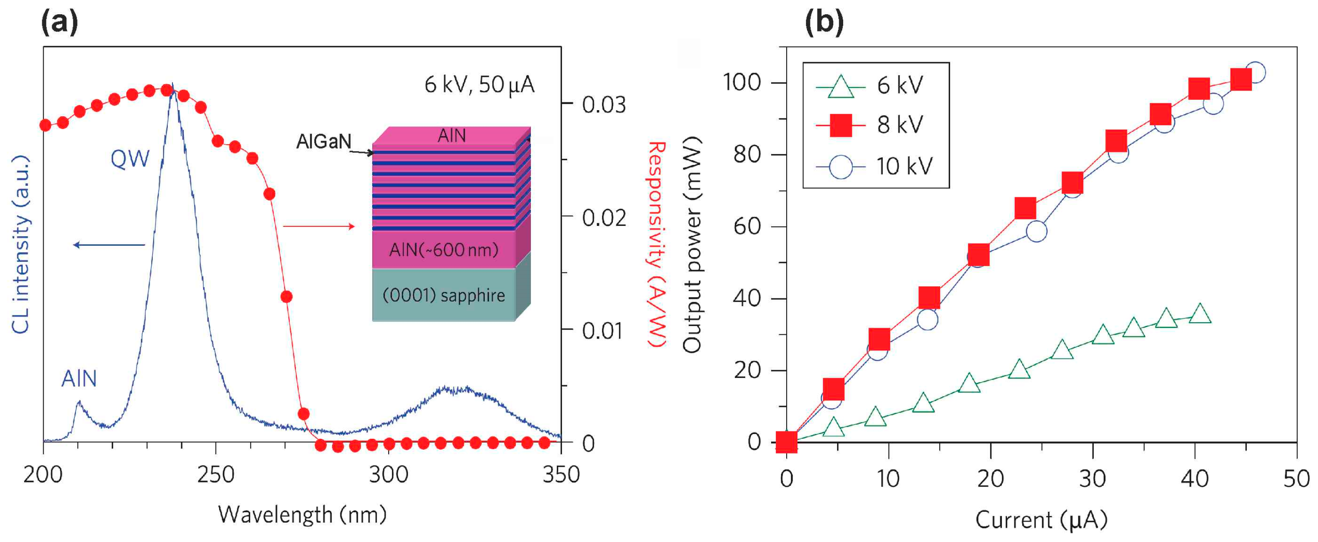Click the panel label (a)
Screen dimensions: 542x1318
(x=60, y=22)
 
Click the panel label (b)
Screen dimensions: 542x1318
(x=824, y=22)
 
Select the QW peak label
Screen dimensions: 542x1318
(x=130, y=159)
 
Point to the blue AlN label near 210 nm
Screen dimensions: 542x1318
(x=79, y=379)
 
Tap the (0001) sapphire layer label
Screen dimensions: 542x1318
(x=444, y=295)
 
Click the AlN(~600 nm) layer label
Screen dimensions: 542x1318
(x=444, y=250)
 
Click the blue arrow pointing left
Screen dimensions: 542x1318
(x=109, y=245)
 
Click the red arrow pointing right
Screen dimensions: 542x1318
(x=319, y=226)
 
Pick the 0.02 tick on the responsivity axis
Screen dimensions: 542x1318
(x=604, y=218)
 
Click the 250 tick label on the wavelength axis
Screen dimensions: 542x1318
(x=215, y=475)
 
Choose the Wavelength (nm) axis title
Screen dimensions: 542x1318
(x=302, y=515)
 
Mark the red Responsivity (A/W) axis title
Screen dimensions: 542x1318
(x=657, y=245)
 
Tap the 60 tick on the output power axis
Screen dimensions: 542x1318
(x=747, y=226)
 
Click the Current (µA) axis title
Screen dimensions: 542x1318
(x=1041, y=520)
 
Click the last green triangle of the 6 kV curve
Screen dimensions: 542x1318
(x=1200, y=314)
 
